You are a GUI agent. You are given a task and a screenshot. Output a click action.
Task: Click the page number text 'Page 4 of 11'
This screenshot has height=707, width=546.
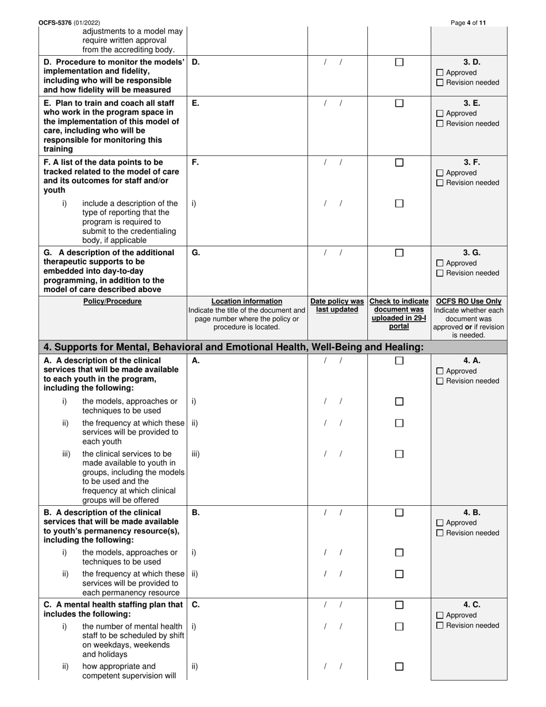[x=468, y=23]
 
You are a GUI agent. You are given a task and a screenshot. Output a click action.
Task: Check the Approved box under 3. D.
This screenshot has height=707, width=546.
[x=440, y=73]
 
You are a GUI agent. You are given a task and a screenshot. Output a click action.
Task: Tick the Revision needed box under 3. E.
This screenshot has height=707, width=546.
[x=440, y=124]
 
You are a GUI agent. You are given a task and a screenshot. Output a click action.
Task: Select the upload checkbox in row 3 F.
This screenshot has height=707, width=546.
[x=399, y=163]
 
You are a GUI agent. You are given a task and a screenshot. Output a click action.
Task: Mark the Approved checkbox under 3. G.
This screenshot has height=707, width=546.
[x=440, y=263]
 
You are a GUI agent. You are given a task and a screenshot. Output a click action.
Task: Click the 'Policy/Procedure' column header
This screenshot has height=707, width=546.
[x=113, y=301]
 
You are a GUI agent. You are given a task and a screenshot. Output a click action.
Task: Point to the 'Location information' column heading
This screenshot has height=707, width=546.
[x=247, y=301]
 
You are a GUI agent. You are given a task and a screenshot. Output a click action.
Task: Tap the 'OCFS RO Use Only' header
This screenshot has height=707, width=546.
[x=469, y=301]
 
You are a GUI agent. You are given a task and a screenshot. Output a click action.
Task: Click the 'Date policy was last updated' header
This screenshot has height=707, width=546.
[x=337, y=306]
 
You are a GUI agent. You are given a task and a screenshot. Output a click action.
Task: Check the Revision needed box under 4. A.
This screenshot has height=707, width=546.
[x=440, y=381]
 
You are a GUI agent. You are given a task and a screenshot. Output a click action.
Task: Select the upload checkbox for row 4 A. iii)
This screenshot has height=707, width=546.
[x=399, y=454]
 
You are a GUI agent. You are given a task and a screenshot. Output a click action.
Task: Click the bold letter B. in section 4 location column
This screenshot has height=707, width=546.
[x=196, y=512]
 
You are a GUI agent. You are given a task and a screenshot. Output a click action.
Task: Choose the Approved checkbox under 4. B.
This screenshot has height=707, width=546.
[x=440, y=523]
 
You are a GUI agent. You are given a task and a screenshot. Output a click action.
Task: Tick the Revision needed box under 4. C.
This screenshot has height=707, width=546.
[x=440, y=625]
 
